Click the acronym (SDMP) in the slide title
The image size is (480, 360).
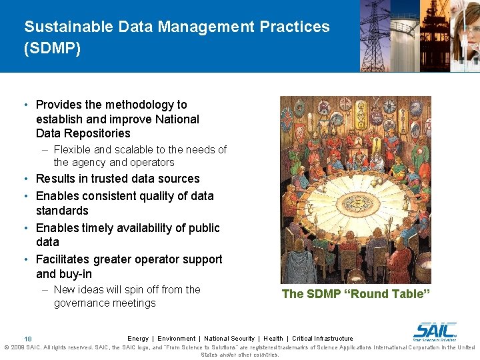coord(52,49)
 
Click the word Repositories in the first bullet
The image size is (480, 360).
coord(97,133)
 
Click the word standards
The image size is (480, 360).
coord(62,211)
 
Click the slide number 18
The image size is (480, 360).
coord(28,339)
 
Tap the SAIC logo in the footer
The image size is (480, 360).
coord(435,331)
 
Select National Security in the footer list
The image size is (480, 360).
coord(229,339)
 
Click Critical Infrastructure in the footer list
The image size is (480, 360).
coord(323,339)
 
